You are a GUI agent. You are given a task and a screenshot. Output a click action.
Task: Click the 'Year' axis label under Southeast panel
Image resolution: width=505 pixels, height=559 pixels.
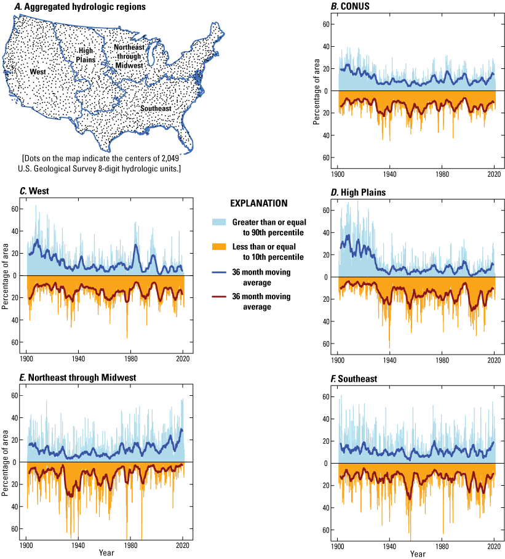tap(417, 554)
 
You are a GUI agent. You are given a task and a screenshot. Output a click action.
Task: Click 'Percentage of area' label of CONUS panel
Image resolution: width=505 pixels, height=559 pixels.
tap(316, 91)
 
